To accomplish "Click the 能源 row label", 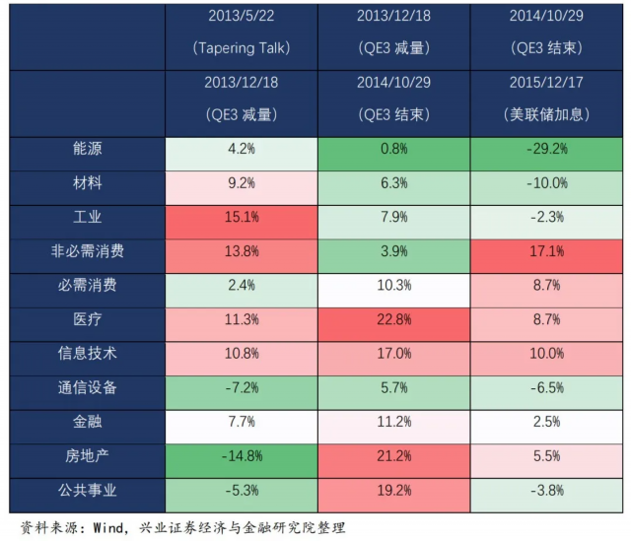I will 88,151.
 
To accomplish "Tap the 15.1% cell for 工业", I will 242,217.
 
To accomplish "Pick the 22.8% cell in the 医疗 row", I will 393,318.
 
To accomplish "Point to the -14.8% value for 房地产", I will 242,454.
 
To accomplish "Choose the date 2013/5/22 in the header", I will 242,17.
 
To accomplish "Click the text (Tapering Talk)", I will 242,47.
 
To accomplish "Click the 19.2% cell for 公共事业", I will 393,488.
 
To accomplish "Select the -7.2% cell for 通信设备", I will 242,386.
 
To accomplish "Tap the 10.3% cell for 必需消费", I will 393,285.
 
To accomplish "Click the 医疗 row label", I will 88,318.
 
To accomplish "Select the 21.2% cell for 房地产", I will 393,454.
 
